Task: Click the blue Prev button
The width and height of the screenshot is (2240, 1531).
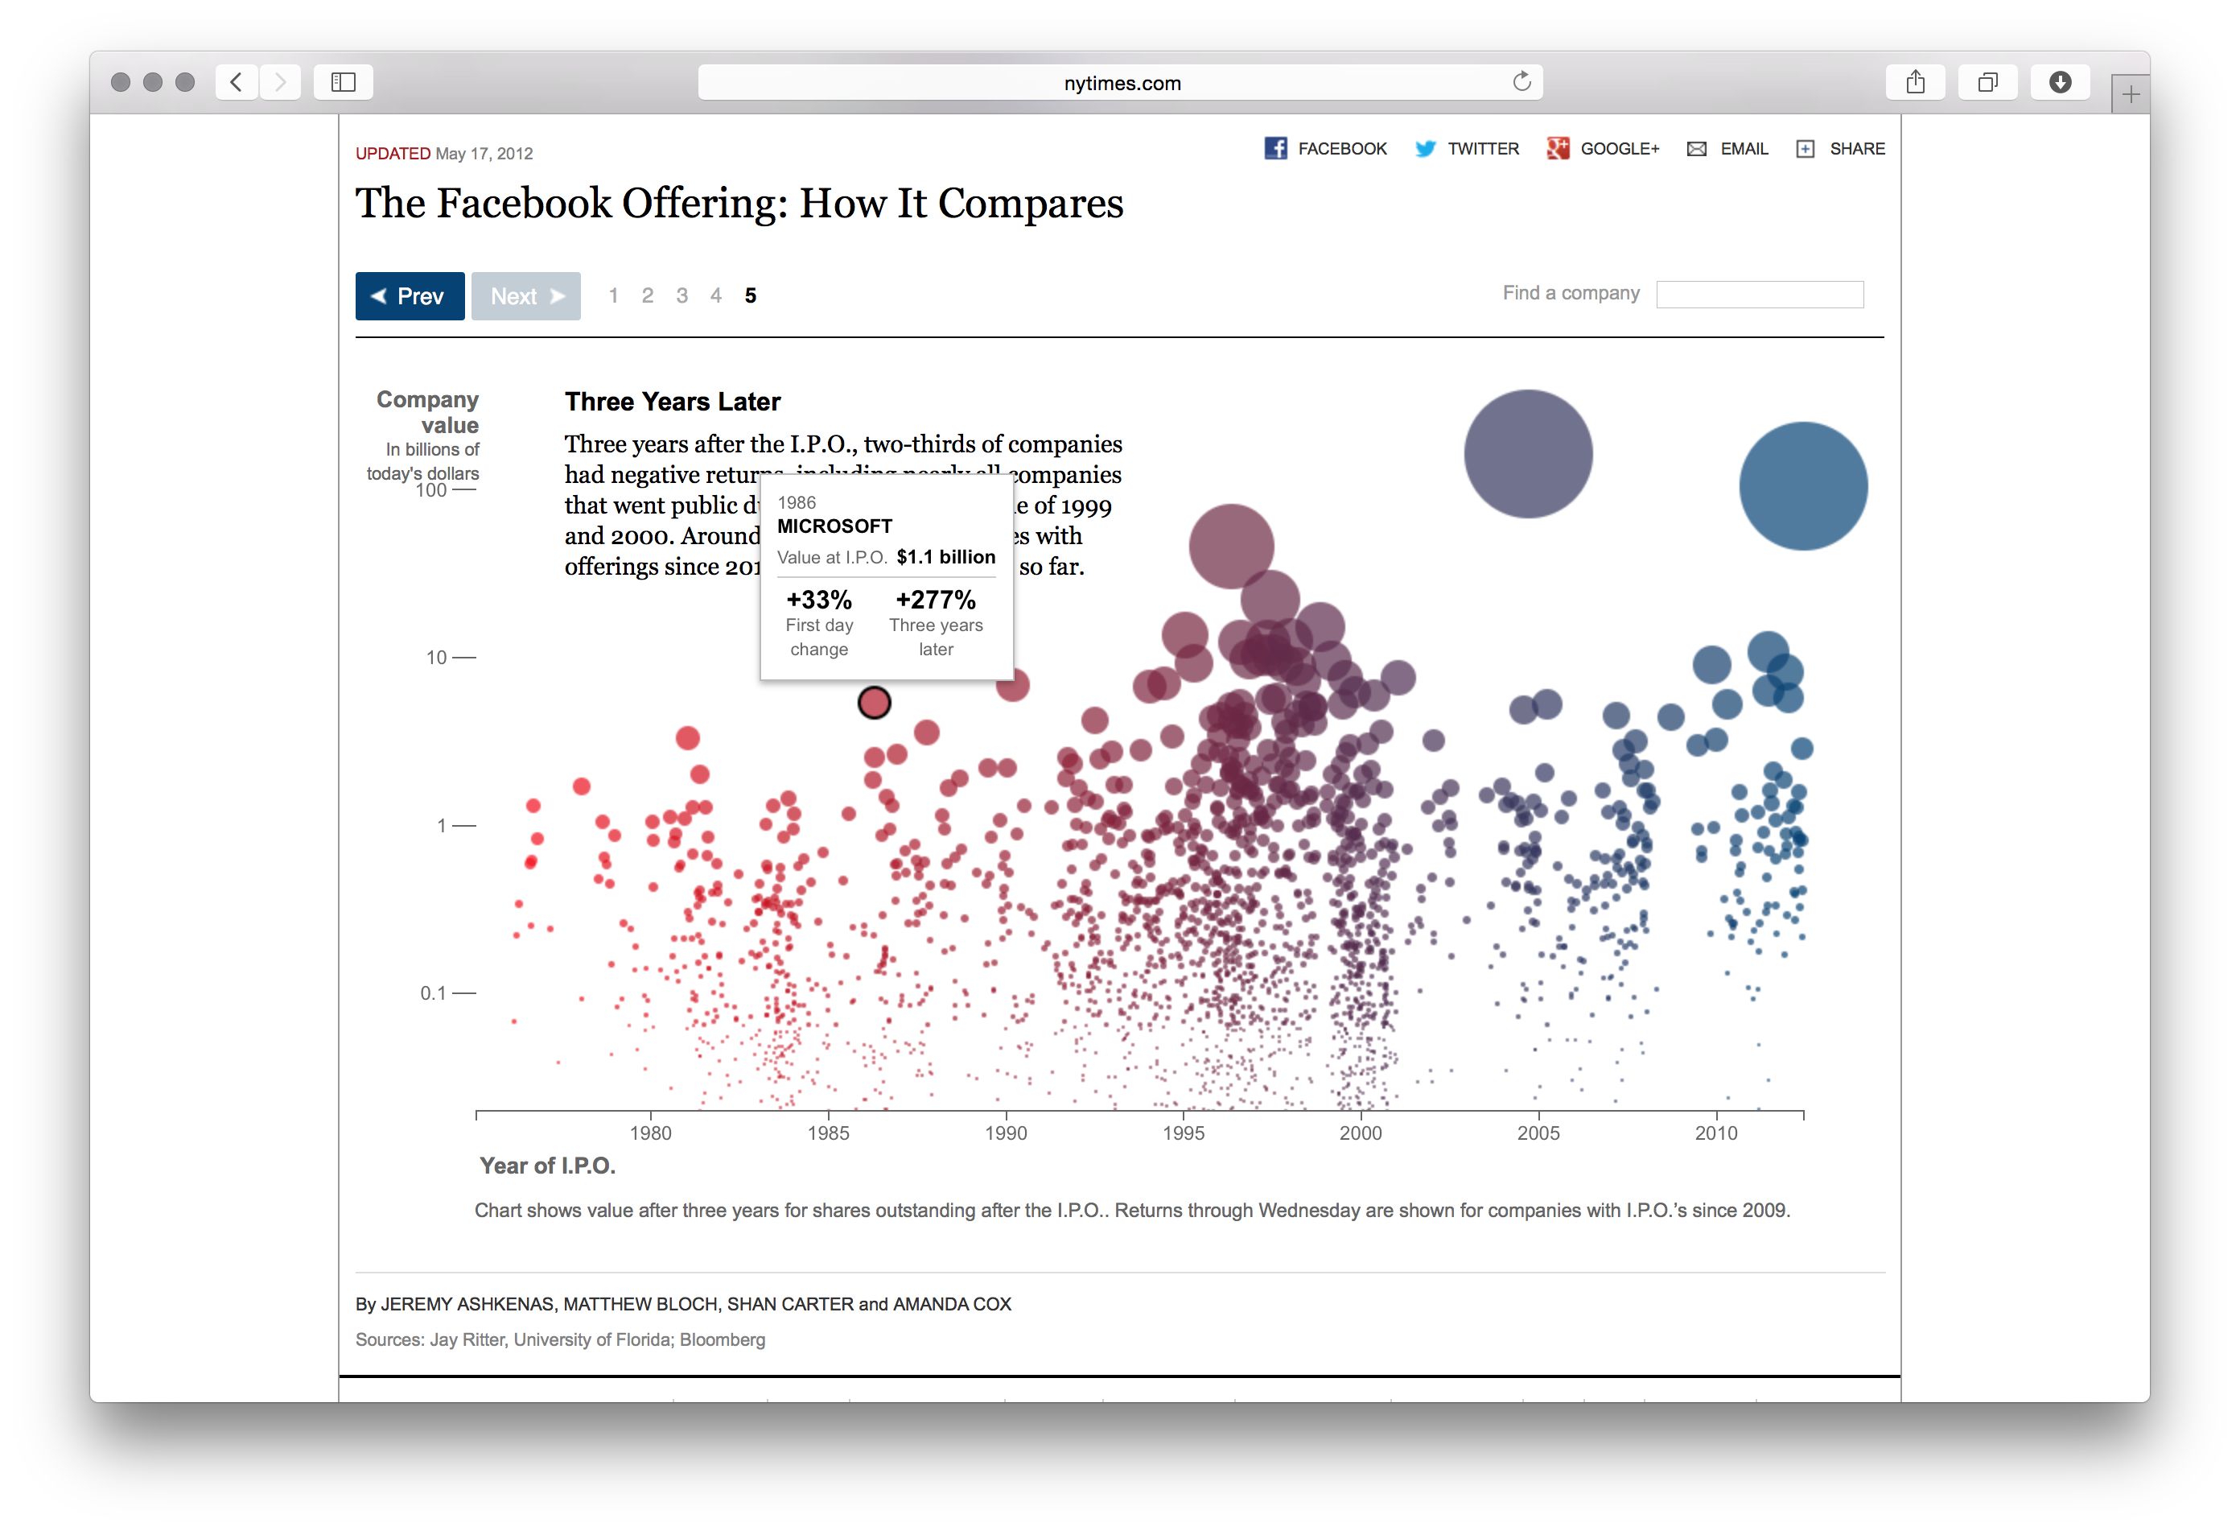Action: coord(409,296)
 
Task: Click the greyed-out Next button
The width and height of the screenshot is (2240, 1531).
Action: coord(525,296)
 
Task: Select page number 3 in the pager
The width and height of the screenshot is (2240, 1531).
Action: coord(681,296)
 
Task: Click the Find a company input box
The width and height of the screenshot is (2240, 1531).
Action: coord(1759,294)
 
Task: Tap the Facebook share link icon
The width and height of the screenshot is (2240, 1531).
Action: coord(1275,148)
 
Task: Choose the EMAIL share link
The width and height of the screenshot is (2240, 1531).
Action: coord(1743,148)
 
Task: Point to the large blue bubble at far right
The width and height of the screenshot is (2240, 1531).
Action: coord(1802,486)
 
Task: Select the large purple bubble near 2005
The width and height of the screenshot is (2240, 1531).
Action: coord(1528,453)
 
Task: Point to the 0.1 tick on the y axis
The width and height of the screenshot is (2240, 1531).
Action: coord(434,993)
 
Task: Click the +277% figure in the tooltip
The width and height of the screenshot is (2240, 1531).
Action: coord(935,600)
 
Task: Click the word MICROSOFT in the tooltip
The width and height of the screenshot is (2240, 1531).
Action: coord(834,526)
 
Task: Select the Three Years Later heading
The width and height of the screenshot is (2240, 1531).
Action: coord(672,402)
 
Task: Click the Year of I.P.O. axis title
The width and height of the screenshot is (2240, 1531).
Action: coord(547,1166)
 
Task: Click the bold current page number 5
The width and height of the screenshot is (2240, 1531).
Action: coord(750,296)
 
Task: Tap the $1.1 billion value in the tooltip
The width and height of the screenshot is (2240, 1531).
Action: coord(945,557)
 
